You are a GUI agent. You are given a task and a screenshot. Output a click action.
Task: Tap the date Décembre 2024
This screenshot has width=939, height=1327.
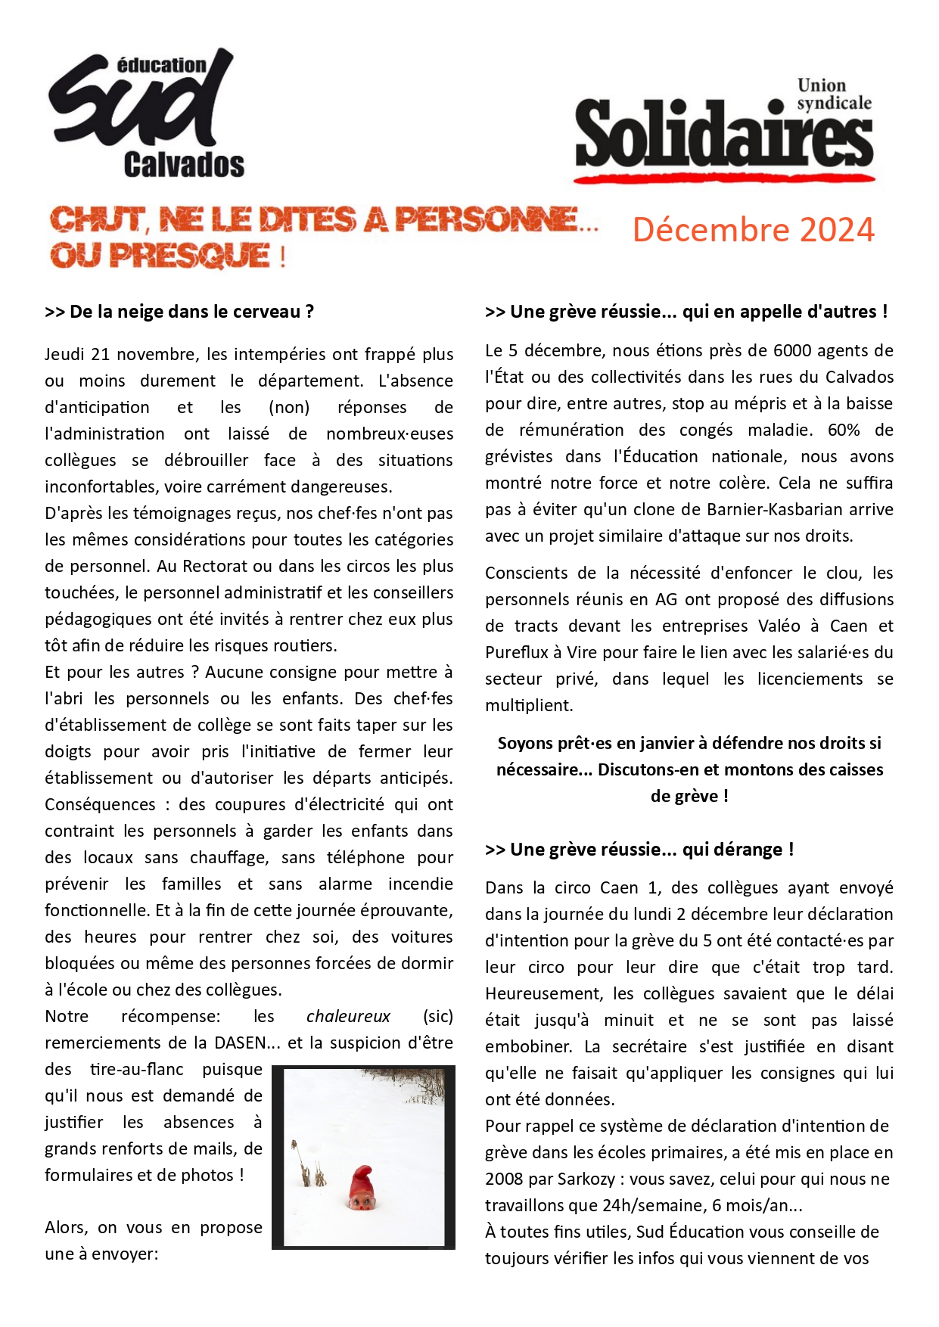pos(753,230)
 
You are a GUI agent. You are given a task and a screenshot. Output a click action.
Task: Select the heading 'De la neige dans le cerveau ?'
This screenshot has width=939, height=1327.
pos(179,312)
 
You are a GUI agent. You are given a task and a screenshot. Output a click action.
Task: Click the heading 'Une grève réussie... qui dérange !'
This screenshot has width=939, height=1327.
pos(639,850)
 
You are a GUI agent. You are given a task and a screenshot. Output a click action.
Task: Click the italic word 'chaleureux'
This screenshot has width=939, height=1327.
pos(348,1016)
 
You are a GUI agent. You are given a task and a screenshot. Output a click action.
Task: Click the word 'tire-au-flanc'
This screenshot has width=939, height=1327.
pos(136,1069)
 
